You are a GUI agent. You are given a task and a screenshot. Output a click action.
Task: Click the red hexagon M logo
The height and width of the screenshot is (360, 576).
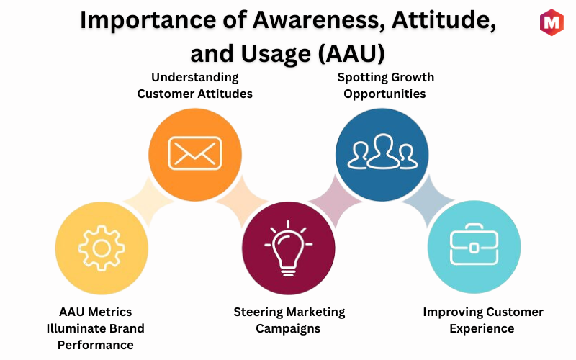[552, 22]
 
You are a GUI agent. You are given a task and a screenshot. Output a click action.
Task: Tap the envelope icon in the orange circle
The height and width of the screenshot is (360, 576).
[194, 153]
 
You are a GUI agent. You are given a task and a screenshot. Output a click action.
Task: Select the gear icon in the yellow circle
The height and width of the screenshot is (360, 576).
[102, 248]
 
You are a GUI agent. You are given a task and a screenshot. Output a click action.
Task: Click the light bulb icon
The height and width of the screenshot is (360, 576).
[289, 248]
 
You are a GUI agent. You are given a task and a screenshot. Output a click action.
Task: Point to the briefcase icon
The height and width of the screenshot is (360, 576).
[474, 244]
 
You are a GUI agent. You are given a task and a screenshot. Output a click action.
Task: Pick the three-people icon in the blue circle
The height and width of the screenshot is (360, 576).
[382, 152]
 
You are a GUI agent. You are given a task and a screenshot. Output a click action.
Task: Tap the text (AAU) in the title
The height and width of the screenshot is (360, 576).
[351, 53]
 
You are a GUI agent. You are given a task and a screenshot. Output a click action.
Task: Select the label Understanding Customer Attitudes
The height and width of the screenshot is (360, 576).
[194, 85]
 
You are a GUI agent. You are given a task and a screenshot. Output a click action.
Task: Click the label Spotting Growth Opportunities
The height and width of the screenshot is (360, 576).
[385, 85]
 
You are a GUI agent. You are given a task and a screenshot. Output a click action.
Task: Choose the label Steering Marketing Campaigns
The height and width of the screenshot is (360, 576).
[289, 320]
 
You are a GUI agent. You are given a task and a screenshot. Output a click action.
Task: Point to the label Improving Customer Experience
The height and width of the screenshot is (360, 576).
[482, 320]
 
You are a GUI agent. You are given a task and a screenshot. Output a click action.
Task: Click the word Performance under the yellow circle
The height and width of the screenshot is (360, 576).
[96, 345]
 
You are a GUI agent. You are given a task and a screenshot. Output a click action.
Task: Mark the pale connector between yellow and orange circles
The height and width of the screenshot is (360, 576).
[148, 201]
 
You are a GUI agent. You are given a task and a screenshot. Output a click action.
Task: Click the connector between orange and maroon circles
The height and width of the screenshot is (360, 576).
[242, 201]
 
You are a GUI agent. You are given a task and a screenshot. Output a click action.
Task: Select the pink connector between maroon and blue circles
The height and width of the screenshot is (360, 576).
[336, 201]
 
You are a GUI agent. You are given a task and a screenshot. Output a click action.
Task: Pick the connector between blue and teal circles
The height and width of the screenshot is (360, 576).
[428, 201]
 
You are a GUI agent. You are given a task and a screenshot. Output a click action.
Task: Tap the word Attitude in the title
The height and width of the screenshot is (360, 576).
[444, 20]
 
